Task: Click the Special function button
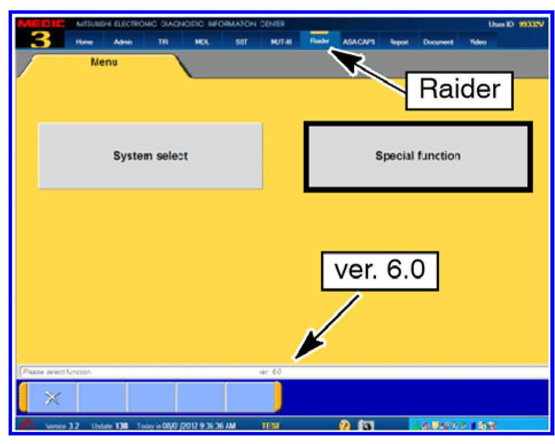click(417, 156)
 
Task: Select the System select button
click(150, 156)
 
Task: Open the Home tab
click(84, 42)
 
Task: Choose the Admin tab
click(120, 42)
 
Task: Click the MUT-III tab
click(277, 42)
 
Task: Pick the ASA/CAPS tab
click(359, 42)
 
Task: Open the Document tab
click(438, 42)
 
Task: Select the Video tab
click(478, 42)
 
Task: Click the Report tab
click(398, 42)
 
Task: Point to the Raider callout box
click(459, 89)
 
